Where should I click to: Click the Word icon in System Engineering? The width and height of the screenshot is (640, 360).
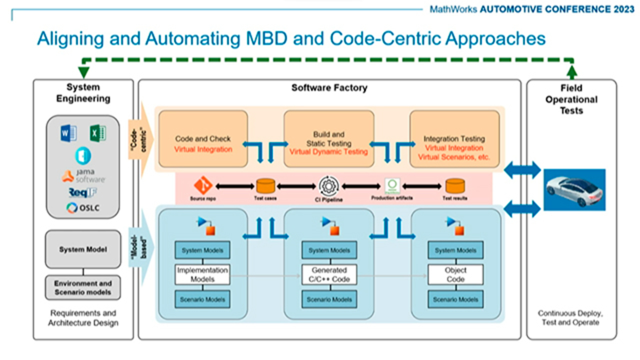tap(68, 133)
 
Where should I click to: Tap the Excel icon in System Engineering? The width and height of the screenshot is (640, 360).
tap(97, 133)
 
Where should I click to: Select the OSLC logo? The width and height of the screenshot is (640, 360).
tap(83, 207)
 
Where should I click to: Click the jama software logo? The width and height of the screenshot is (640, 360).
tap(83, 175)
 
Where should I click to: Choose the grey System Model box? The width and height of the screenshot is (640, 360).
tap(83, 249)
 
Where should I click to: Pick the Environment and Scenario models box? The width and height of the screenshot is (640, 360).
tap(83, 287)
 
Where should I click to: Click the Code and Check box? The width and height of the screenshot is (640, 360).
tap(203, 139)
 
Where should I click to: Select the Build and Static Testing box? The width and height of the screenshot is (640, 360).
tap(328, 139)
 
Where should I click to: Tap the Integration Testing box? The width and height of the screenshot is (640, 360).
tap(454, 139)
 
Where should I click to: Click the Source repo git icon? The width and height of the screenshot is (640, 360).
tap(203, 186)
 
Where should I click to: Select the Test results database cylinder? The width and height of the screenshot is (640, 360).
tap(454, 186)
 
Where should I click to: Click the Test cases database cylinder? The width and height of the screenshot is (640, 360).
tap(265, 186)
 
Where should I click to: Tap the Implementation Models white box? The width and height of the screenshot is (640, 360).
tap(202, 274)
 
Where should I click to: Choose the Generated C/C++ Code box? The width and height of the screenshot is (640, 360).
tap(329, 274)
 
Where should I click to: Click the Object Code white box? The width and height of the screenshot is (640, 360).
tap(455, 274)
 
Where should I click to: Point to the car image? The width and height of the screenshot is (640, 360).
tap(575, 189)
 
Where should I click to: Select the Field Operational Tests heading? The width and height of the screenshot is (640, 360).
tap(571, 99)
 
